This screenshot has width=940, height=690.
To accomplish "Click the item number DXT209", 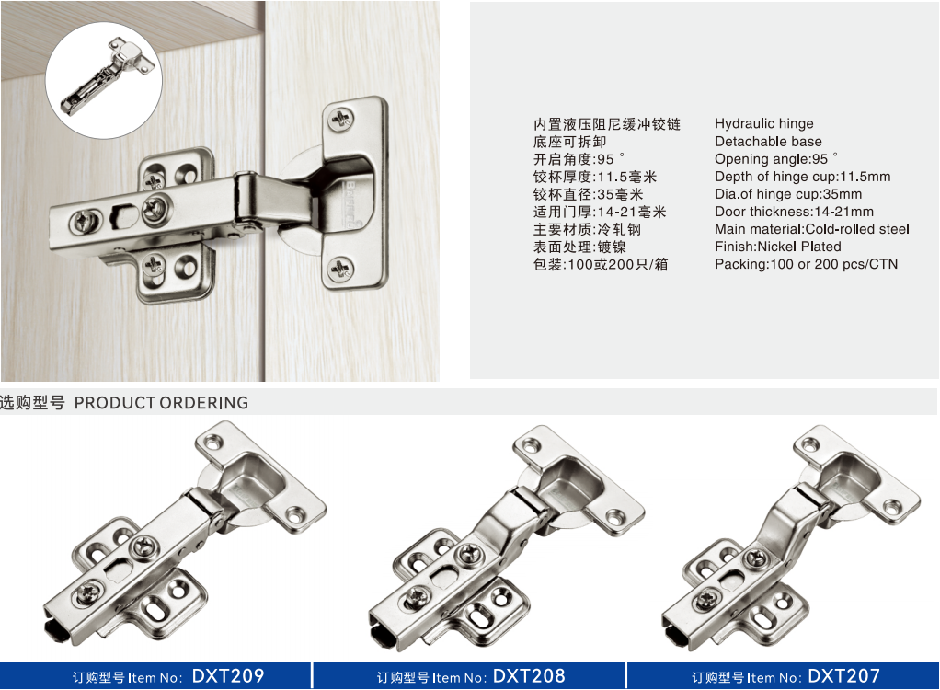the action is coord(228,676).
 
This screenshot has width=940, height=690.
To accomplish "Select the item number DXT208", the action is coord(529,676).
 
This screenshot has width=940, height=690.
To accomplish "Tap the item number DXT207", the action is coord(844,676).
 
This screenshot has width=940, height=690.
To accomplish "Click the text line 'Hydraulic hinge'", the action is coord(763,124).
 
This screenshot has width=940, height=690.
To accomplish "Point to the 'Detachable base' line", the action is coord(768,142).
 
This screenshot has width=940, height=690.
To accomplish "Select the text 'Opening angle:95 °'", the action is coord(775,159).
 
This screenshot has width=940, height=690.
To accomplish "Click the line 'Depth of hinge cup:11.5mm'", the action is coord(802,177).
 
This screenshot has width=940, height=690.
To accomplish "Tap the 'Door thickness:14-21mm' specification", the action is coord(794,212).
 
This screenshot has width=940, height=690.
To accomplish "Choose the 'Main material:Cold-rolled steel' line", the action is coord(812,229).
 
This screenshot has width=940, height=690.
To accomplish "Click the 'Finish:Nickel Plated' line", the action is coord(777,247).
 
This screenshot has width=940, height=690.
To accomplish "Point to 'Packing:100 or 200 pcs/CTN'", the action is coord(806,264).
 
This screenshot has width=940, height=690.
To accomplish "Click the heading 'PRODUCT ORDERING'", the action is coord(161,403).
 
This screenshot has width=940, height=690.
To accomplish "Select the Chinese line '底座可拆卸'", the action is coord(569,142).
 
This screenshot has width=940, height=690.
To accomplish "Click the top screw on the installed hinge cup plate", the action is coord(342,120).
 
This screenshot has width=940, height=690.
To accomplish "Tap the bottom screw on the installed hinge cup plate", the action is coord(341,270).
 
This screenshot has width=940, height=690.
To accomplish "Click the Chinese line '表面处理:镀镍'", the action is coord(579,247).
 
